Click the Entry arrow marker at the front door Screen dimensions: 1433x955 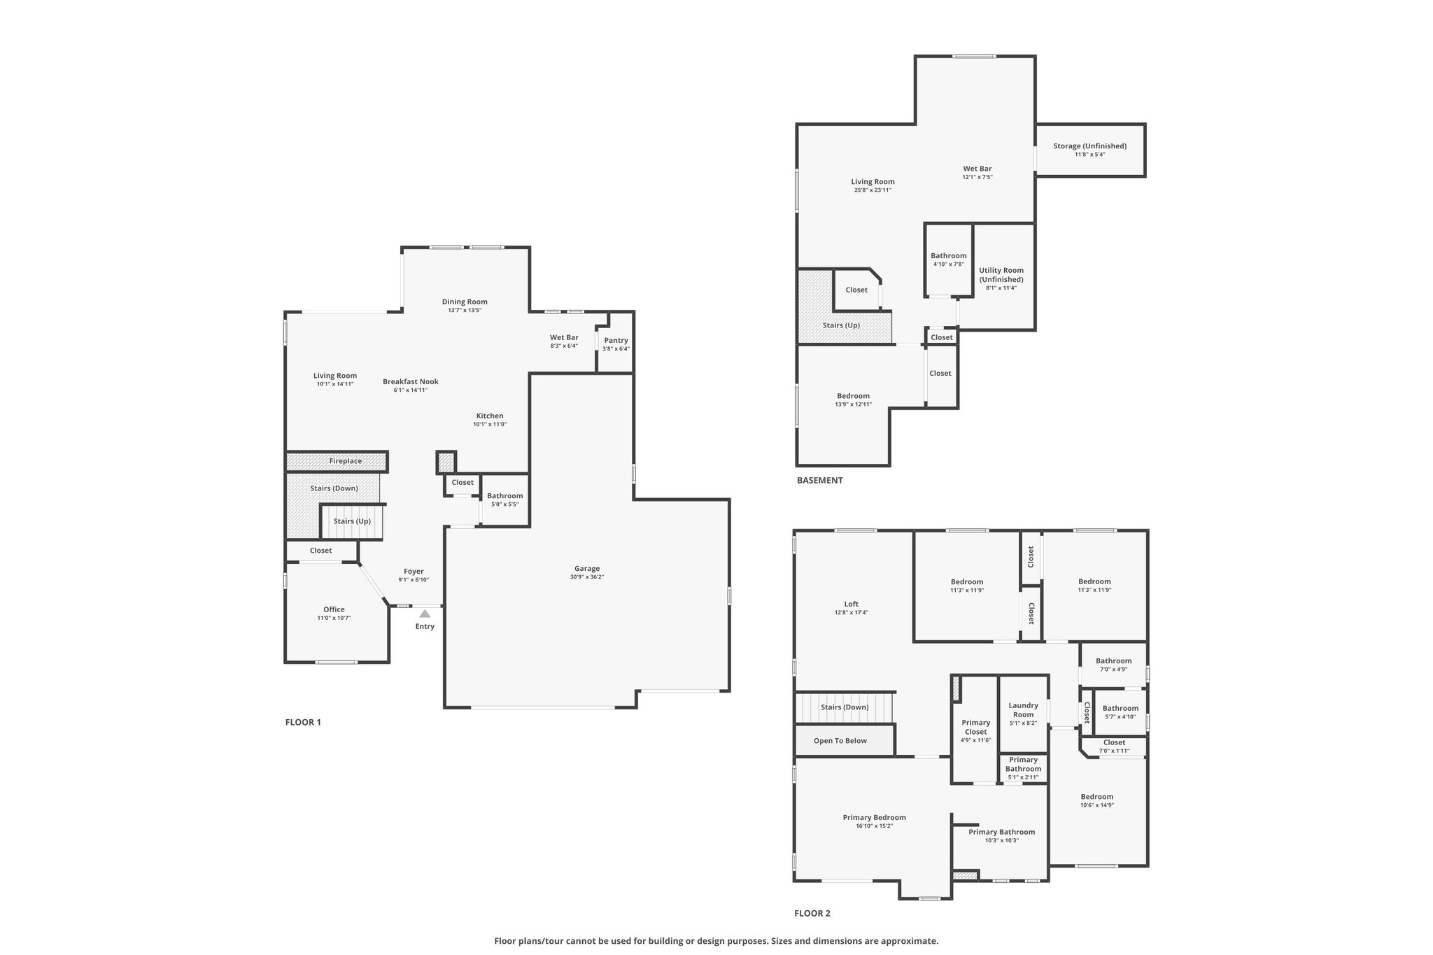click(425, 614)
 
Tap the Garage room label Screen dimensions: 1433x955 click(588, 569)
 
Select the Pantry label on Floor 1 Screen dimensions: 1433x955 click(616, 341)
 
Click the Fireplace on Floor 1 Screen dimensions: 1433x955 click(337, 462)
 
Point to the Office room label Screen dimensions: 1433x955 click(334, 609)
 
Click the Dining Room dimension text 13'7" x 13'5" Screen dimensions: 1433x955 click(465, 310)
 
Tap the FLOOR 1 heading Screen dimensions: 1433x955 click(303, 722)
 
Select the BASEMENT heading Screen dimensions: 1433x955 click(820, 481)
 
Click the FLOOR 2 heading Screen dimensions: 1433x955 click(812, 913)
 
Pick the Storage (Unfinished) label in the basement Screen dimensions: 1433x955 click(1090, 146)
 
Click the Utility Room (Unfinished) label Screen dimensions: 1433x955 click(1001, 275)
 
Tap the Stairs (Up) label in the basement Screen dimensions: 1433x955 click(841, 325)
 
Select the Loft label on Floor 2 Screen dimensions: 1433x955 click(852, 604)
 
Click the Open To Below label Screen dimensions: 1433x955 click(840, 741)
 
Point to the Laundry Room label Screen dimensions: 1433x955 click(1024, 710)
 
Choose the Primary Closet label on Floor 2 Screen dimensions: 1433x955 click(976, 728)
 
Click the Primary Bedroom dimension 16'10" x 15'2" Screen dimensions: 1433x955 click(875, 826)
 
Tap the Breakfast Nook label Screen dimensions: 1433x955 click(411, 381)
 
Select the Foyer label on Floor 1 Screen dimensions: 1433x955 click(414, 572)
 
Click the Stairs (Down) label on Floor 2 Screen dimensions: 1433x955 click(845, 707)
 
